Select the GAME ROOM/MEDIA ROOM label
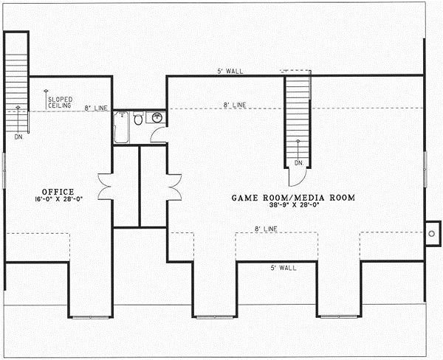[x=294, y=198]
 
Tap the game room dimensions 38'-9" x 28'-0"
[x=295, y=207]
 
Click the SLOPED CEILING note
[x=59, y=103]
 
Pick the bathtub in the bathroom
[x=122, y=127]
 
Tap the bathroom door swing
[x=157, y=134]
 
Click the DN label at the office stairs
[x=17, y=136]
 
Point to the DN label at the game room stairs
[x=298, y=162]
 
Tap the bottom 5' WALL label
[x=282, y=268]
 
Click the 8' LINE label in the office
[x=96, y=108]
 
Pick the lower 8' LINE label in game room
[x=266, y=229]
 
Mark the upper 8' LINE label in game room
[x=234, y=105]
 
